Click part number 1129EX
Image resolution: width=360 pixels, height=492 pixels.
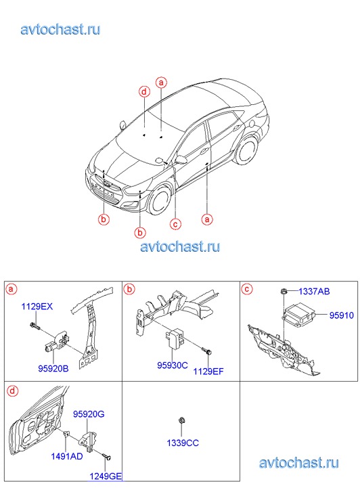37,307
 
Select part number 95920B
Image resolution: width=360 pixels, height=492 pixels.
53,368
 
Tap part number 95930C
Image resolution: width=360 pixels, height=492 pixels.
173,365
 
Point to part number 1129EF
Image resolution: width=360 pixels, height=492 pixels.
208,372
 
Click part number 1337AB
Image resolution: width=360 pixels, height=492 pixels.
314,291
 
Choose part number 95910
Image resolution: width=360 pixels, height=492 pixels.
342,315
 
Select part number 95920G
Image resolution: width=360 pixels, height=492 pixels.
89,414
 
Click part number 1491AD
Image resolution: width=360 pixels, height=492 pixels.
67,456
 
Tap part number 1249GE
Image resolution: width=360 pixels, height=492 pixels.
106,476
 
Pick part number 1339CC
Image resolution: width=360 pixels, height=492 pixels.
183,443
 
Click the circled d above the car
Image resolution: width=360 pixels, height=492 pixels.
144,92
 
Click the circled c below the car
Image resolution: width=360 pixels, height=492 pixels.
175,224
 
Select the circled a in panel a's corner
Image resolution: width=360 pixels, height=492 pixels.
12,289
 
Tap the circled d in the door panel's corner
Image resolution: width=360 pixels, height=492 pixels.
12,391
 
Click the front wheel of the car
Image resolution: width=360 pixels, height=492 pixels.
161,201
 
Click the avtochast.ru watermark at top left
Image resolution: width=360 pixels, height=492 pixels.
61,29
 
